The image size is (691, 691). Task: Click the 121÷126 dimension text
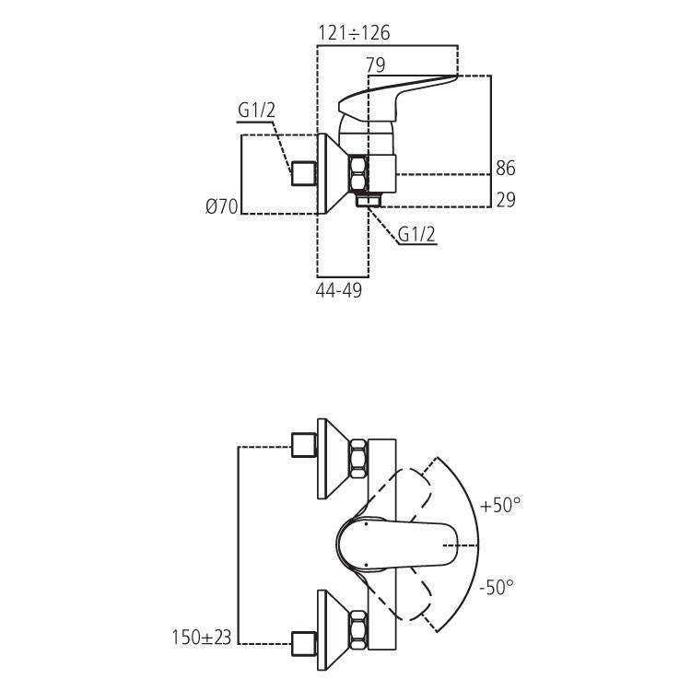click(354, 33)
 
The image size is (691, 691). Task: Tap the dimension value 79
click(375, 64)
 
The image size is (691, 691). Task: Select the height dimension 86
click(506, 168)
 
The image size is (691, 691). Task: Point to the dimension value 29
click(506, 199)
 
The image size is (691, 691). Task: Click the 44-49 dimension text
click(339, 290)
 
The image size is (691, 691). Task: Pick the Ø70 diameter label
click(222, 207)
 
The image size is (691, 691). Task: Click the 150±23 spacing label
click(202, 636)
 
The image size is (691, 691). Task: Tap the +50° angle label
click(500, 505)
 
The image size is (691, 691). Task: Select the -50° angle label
click(498, 586)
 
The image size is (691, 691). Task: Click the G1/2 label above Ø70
click(257, 111)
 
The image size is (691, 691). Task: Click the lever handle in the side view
click(396, 96)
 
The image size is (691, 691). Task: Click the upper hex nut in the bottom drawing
click(357, 457)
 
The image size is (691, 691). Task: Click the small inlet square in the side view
click(303, 173)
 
